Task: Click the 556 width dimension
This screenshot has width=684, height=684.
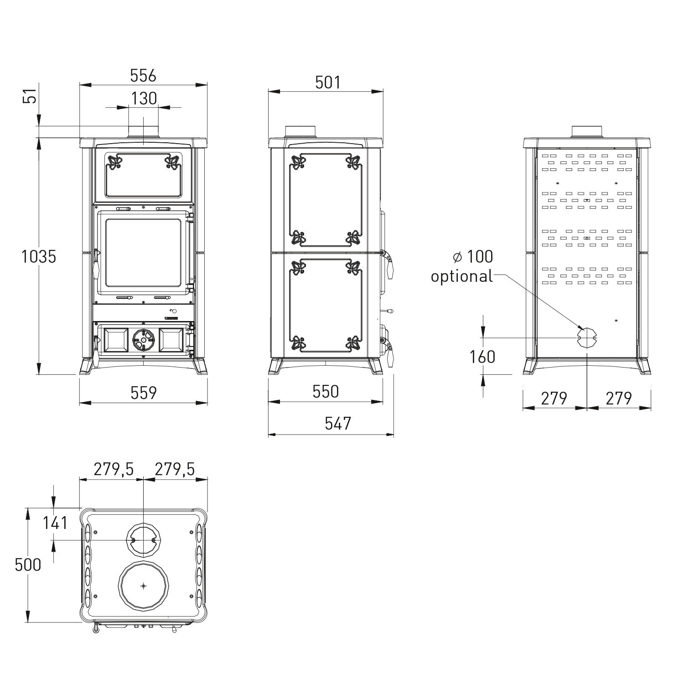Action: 143,75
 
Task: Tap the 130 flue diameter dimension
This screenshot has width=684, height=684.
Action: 144,98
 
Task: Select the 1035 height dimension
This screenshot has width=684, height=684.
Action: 39,257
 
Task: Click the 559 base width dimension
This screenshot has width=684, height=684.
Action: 144,393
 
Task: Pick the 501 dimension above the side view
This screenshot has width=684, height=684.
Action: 328,82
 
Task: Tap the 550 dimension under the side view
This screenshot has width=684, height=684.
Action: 326,391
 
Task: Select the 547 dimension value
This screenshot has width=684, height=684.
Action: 338,424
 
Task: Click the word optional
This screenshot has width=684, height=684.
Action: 462,277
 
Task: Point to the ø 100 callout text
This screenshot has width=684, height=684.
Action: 473,257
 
